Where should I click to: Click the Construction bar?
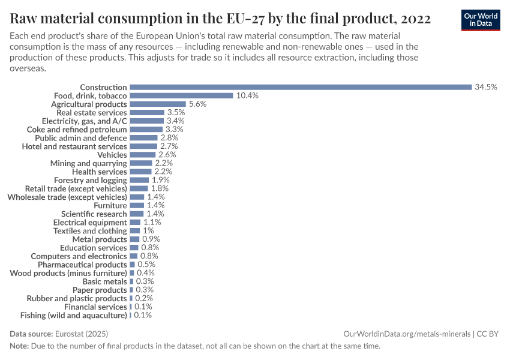pos(301,87)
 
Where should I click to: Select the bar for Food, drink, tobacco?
pos(181,95)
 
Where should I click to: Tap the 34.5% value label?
pos(486,87)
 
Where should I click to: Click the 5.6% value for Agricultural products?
pos(197,104)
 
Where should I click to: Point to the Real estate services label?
pos(91,112)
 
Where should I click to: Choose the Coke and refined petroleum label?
pos(77,129)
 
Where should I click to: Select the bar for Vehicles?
pos(143,154)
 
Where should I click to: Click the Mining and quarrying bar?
pos(141,163)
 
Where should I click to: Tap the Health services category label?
pos(99,172)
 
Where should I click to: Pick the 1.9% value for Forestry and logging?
pos(161,180)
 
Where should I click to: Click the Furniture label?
pos(110,205)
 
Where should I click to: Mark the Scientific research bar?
pos(137,214)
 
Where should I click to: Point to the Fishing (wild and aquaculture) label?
pos(74,315)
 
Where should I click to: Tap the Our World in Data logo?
pos(481,19)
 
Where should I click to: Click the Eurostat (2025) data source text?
pos(82,334)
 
